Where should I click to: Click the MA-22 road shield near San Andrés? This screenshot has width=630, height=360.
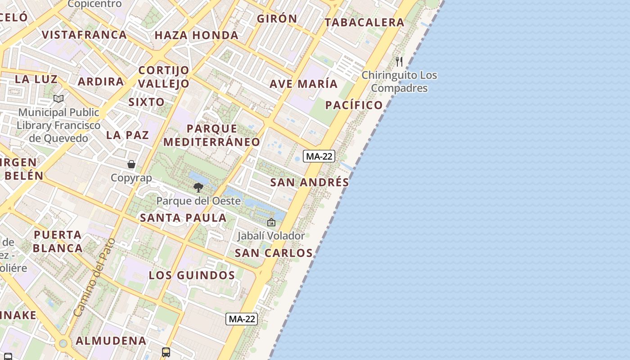tap(319, 156)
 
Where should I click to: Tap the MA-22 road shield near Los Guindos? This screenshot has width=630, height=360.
tap(242, 319)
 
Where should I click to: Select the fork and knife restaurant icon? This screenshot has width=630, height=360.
tap(399, 61)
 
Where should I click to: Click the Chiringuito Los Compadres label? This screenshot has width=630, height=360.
tap(400, 81)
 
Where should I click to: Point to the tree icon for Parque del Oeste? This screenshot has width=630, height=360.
tap(198, 188)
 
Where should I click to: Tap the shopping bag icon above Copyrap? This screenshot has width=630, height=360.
tap(131, 164)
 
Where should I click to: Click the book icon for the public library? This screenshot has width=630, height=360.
tap(58, 99)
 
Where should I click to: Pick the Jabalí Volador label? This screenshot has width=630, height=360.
tap(271, 235)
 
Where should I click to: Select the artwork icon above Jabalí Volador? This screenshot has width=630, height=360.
tap(271, 222)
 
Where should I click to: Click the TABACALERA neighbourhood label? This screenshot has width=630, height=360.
tap(364, 22)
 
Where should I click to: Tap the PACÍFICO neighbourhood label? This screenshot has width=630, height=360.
tap(354, 105)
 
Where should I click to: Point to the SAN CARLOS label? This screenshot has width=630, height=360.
tap(274, 253)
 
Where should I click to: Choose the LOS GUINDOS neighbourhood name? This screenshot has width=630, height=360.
tap(192, 275)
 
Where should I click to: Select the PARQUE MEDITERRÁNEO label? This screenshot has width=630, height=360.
tap(211, 135)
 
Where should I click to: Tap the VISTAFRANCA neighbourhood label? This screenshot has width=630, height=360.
tap(84, 35)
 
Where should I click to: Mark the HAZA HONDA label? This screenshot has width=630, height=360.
tap(197, 35)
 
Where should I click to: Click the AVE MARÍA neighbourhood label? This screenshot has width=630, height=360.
tap(303, 84)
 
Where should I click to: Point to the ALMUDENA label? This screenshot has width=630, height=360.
tap(111, 341)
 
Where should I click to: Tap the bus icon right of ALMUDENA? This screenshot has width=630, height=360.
tap(166, 352)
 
